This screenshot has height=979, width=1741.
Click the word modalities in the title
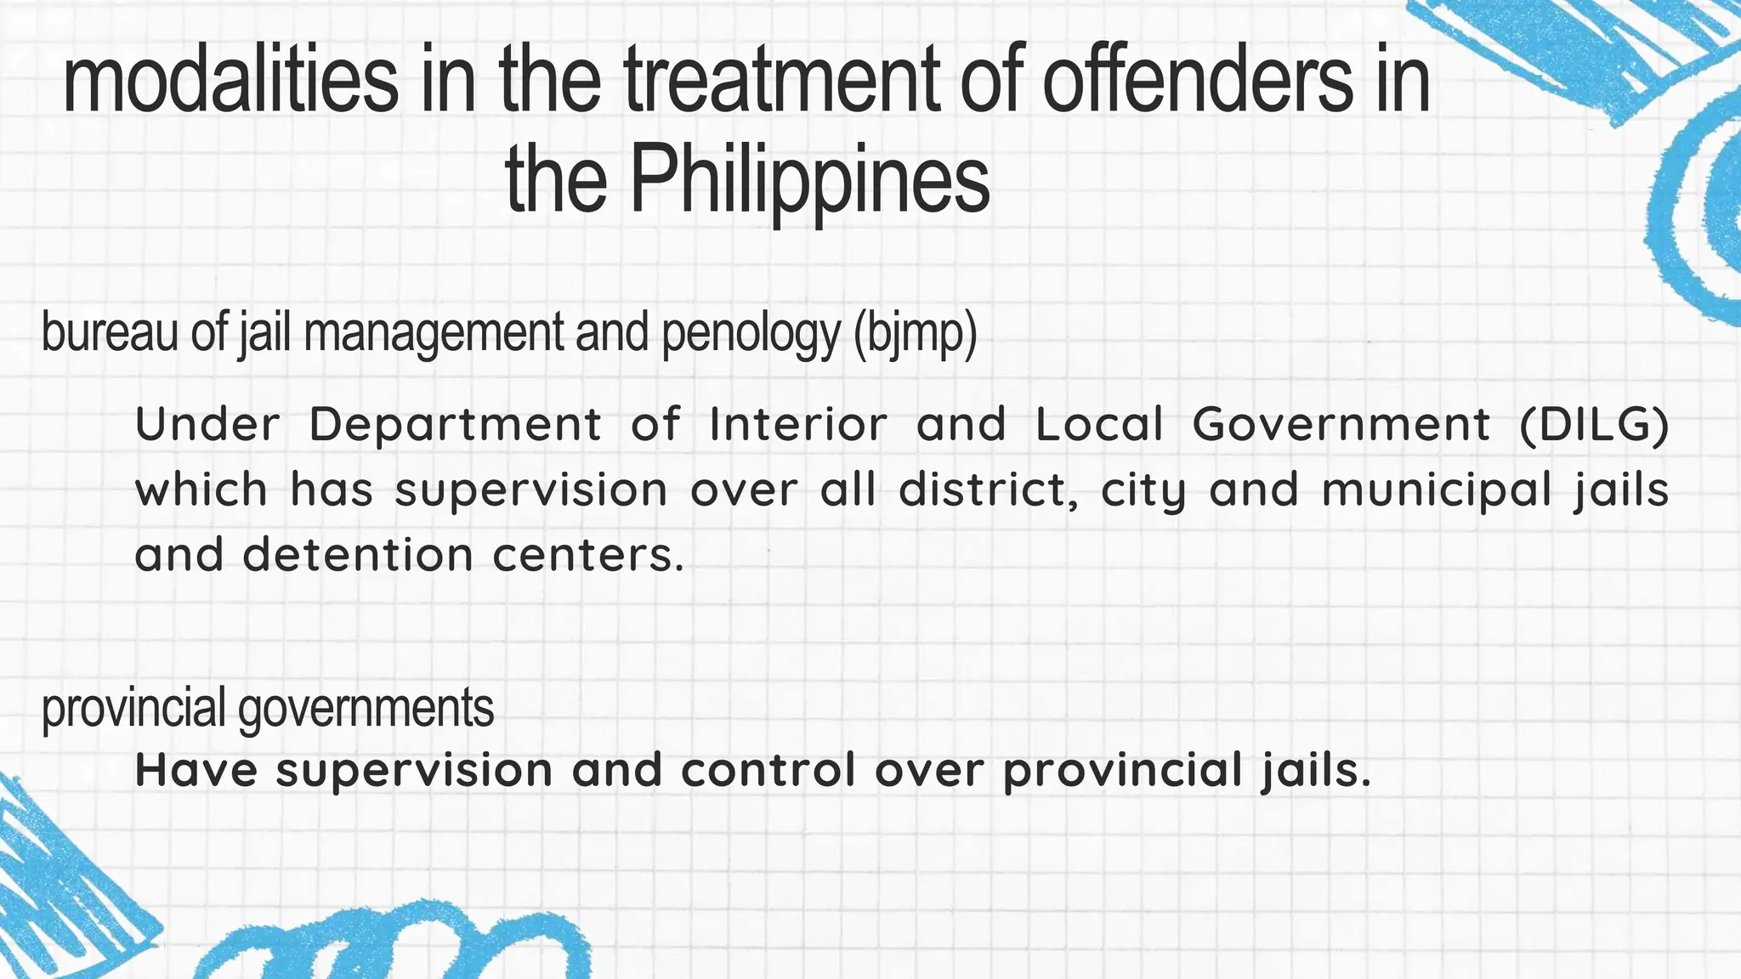[230, 81]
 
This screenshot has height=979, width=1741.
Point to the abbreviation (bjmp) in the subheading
[916, 333]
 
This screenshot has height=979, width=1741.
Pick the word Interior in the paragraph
[798, 424]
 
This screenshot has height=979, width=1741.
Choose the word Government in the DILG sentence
[1341, 424]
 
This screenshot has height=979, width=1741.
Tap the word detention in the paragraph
[357, 556]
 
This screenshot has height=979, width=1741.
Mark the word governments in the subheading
[366, 709]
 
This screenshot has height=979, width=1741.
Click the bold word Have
[196, 770]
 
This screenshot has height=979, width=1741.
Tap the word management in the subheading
[434, 333]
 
